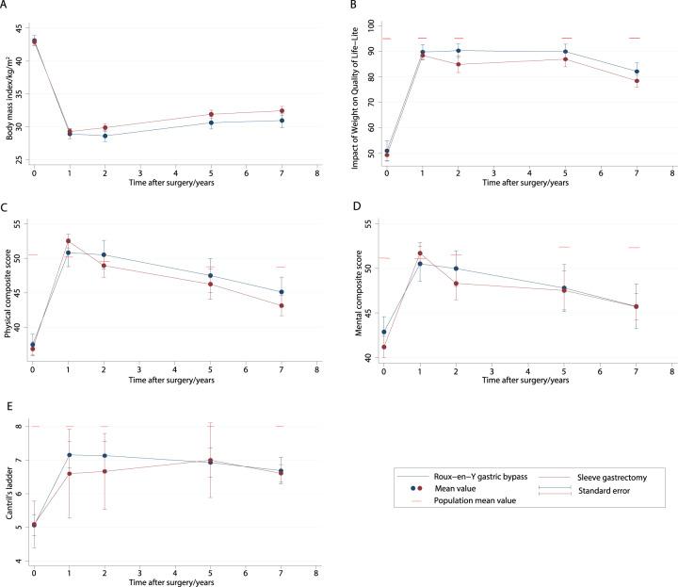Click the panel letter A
5,6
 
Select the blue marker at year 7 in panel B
637,72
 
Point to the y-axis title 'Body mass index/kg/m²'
9,90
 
